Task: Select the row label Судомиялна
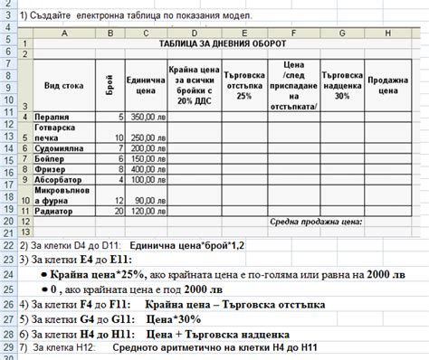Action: click(59, 147)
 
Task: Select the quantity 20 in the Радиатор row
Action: click(117, 210)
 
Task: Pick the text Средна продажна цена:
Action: click(316, 222)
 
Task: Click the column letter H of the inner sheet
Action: click(387, 33)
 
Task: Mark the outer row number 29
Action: click(9, 346)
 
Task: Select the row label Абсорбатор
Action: click(59, 179)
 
